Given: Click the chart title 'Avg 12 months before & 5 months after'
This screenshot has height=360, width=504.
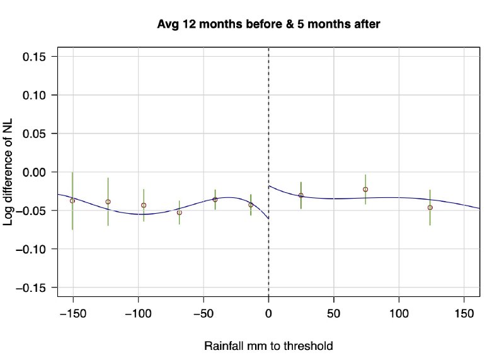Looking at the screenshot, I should point(269,24).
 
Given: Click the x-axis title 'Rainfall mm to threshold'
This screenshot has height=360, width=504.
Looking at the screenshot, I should point(268,346).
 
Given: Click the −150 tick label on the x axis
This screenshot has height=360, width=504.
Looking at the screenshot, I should point(72,313).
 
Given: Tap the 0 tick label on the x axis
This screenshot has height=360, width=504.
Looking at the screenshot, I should point(269,313).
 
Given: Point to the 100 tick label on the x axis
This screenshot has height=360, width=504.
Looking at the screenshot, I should point(399,313).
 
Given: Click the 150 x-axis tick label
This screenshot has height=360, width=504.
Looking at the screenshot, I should point(464,313).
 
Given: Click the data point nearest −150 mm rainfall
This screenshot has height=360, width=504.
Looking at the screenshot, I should point(72,200).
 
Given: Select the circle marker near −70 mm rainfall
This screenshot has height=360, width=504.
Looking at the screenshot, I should point(180,212).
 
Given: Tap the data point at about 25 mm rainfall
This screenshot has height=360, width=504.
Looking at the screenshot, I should point(301,195).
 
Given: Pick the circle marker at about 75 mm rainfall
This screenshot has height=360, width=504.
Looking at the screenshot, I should point(365,189).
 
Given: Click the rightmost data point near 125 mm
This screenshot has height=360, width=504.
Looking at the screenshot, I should point(430,207).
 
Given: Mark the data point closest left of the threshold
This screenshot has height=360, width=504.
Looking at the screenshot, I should point(251,205).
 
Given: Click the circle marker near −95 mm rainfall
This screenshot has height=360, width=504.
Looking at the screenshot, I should point(144,205).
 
